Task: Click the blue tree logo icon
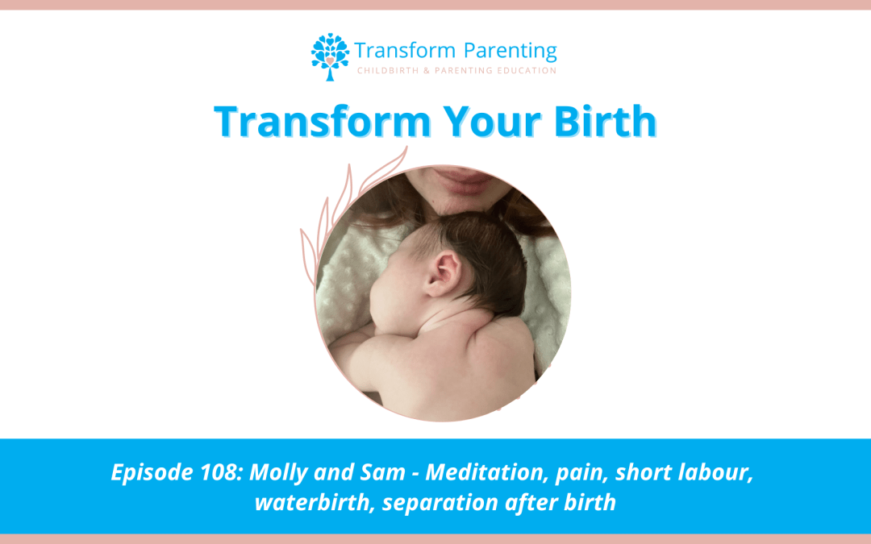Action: (330, 56)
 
